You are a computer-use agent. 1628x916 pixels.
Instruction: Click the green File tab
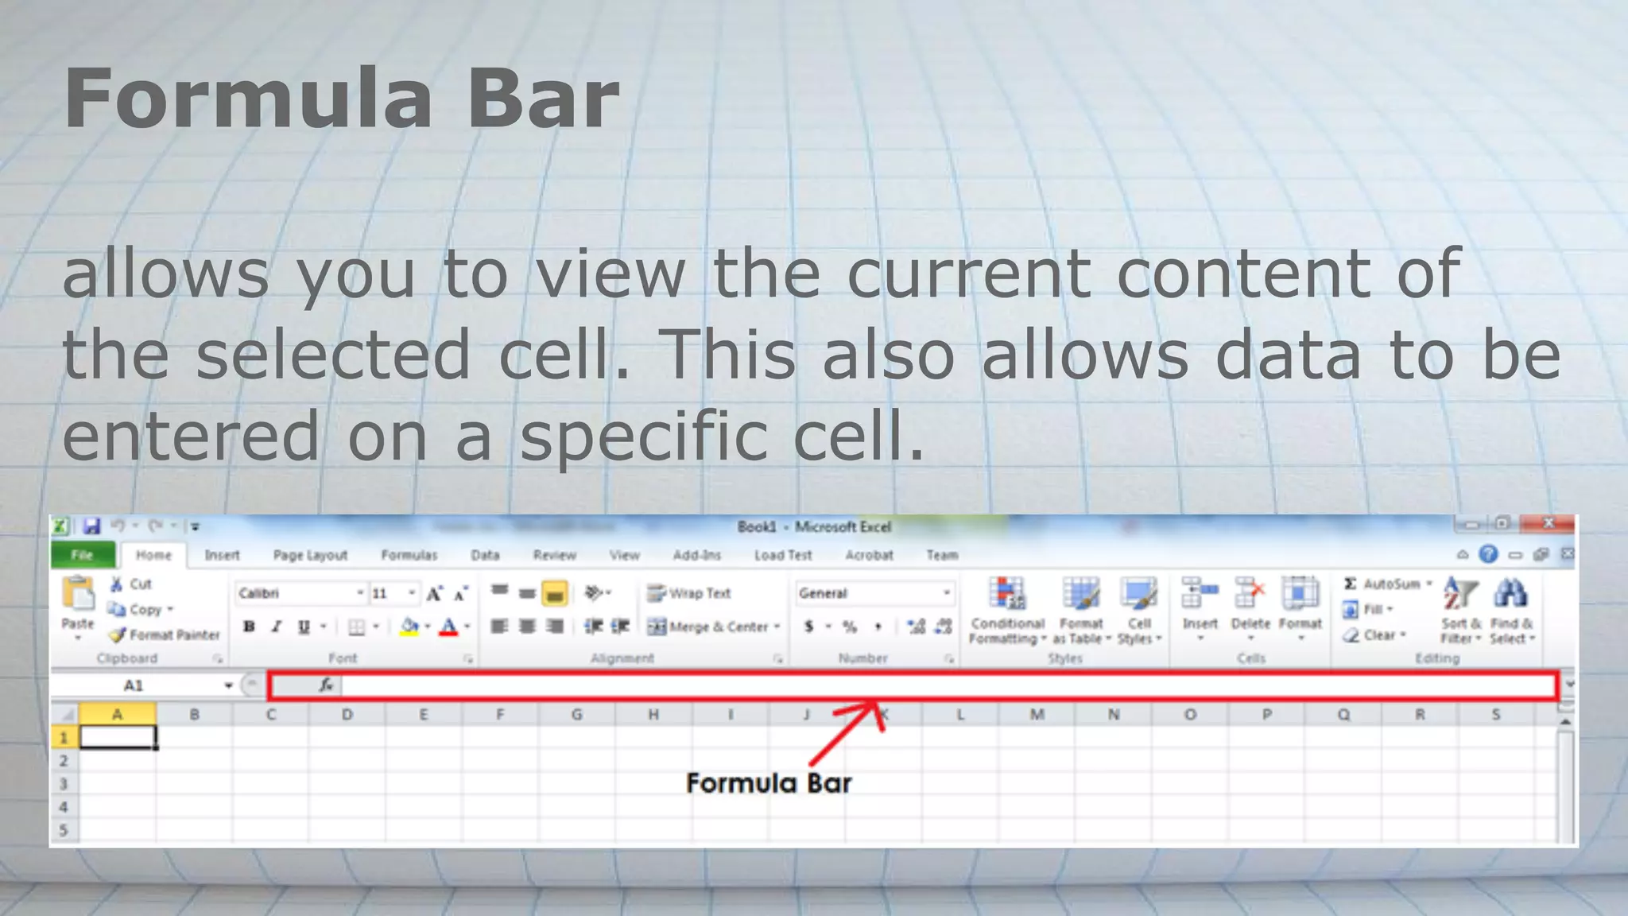tap(83, 555)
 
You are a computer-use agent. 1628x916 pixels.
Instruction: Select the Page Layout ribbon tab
tap(310, 555)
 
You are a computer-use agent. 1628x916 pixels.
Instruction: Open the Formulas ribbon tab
tap(409, 555)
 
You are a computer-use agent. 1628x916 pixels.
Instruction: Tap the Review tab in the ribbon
tap(554, 555)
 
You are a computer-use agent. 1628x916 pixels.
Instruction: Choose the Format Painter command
tap(165, 635)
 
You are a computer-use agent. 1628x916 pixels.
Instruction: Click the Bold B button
tap(249, 627)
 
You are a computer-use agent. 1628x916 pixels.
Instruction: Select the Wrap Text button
tap(689, 593)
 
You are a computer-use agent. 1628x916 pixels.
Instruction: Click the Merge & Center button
tap(713, 627)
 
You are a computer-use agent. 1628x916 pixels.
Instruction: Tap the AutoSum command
tap(1387, 584)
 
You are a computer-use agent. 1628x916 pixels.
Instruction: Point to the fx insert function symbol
tap(325, 685)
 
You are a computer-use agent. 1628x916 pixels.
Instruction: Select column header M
tap(1037, 714)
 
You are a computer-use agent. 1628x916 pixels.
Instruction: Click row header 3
tap(64, 784)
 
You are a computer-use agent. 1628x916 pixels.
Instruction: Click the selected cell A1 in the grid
tap(118, 738)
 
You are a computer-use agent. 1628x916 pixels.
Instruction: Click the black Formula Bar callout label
tap(769, 783)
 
